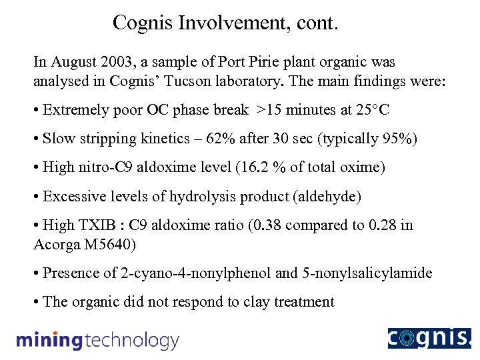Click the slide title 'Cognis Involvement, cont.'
pyautogui.click(x=226, y=23)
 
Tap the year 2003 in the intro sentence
pyautogui.click(x=116, y=62)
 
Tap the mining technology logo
pyautogui.click(x=97, y=341)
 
